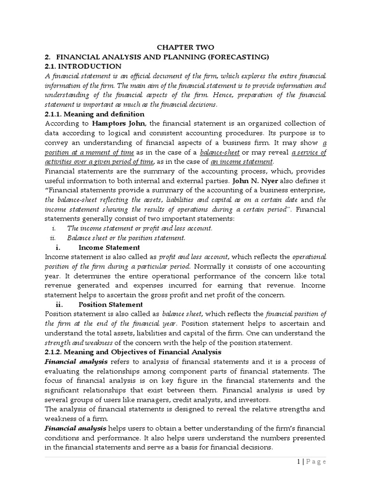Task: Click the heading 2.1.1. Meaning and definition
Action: pos(94,114)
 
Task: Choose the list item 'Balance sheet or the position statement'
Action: pos(126,238)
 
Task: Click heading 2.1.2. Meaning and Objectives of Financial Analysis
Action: pos(133,352)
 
